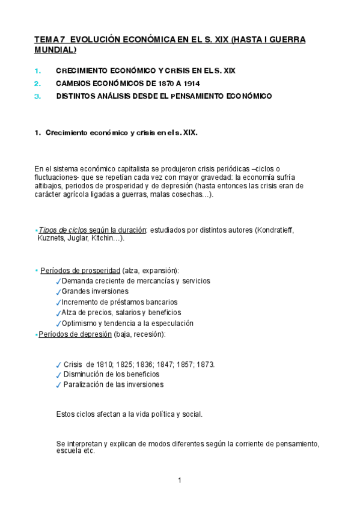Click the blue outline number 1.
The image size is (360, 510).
click(37, 70)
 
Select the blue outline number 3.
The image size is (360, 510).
click(37, 96)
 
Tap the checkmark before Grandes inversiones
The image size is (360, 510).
click(58, 292)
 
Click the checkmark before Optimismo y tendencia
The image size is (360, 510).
click(58, 324)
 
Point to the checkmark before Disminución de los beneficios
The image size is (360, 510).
click(58, 375)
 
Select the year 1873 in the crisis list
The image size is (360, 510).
click(205, 364)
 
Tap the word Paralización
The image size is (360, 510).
click(84, 385)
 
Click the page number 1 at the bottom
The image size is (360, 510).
click(180, 480)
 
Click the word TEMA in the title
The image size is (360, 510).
click(44, 40)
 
